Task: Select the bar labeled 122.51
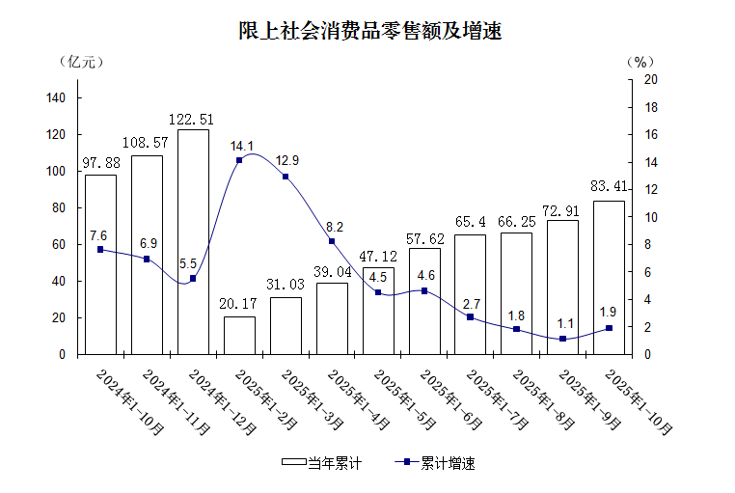[193, 241]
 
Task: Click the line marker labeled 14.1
[239, 160]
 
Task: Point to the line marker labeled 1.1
[562, 339]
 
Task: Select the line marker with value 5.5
[193, 278]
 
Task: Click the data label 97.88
[100, 162]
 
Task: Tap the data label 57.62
[423, 235]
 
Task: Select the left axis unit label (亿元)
[81, 61]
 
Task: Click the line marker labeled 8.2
[331, 241]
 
